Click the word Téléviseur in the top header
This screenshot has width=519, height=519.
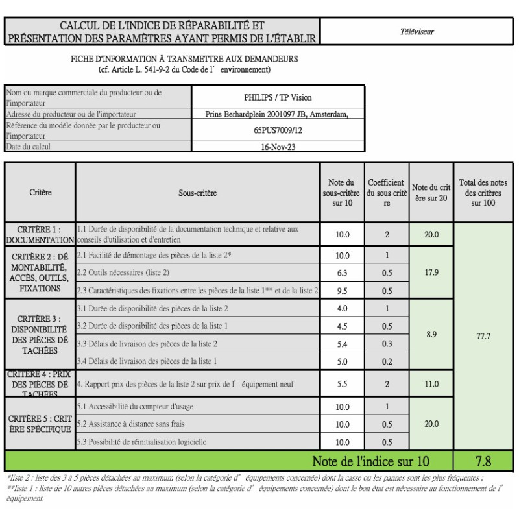click(417, 31)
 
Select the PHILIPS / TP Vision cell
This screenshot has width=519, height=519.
click(278, 97)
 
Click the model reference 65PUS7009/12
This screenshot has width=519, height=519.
click(278, 130)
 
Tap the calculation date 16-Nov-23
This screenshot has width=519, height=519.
click(278, 147)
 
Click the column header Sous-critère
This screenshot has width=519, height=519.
click(198, 193)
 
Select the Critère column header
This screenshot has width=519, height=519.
click(40, 192)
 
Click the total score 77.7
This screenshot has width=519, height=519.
click(483, 336)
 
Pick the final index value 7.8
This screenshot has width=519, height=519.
click(483, 461)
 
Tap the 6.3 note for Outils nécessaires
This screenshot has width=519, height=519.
click(342, 273)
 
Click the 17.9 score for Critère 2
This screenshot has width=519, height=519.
click(431, 272)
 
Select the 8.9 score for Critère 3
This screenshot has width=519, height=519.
click(431, 334)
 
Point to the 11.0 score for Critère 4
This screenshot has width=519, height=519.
click(431, 384)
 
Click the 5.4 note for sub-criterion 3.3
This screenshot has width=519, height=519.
click(342, 343)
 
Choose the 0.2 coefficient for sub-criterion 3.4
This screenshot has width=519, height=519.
click(387, 361)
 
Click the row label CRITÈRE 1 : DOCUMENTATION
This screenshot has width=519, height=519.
click(40, 235)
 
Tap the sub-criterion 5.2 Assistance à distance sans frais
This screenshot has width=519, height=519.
click(130, 424)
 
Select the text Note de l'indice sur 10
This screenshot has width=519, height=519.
click(370, 461)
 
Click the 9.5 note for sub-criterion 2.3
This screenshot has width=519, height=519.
click(342, 291)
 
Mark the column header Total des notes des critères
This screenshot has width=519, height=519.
click(483, 193)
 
